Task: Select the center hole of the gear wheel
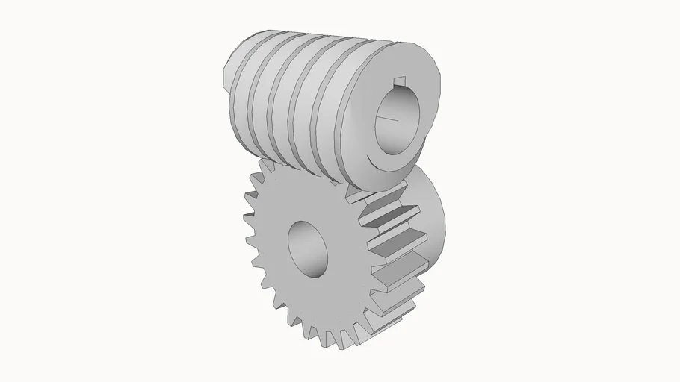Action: tap(307, 248)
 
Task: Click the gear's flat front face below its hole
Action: tap(314, 298)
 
